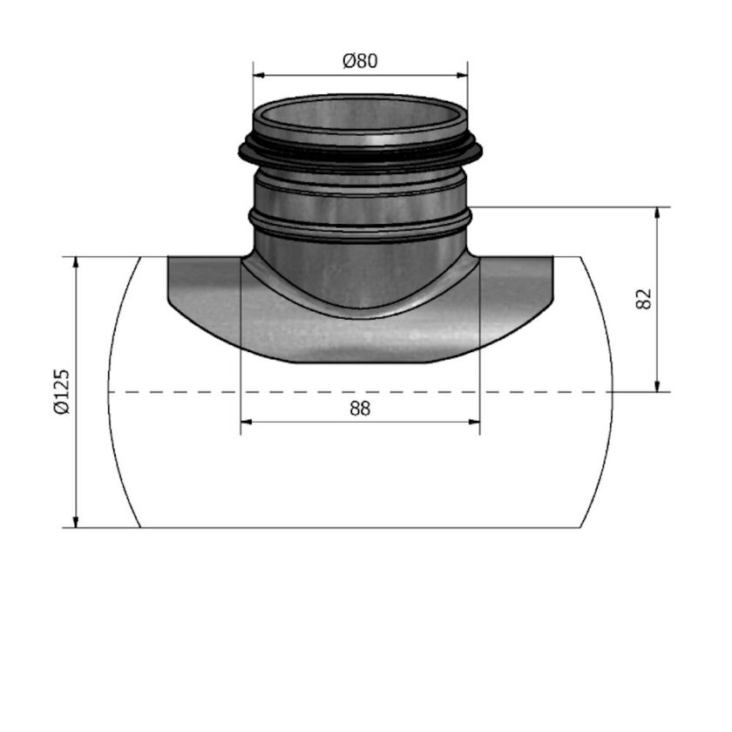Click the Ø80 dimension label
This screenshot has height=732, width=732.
pos(360,61)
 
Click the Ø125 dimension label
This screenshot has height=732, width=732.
pos(59,391)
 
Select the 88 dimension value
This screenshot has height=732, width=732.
pos(360,409)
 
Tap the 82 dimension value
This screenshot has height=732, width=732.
pos(645,299)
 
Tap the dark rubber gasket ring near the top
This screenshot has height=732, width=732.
pos(360,158)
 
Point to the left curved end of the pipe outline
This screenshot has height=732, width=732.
pos(110,392)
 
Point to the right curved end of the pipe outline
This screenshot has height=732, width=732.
pos(612,392)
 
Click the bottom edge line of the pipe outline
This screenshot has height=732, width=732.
pos(360,528)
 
